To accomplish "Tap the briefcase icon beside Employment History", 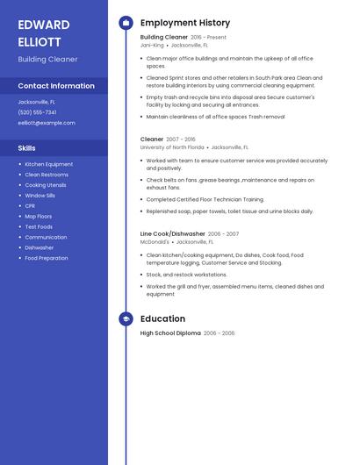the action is pos(126,23).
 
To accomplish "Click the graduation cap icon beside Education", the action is pos(126,318).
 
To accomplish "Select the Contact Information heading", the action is pos(56,86).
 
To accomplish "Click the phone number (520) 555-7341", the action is pos(37,112).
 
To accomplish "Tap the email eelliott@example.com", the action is pos(47,123).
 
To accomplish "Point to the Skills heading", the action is pos(27,148).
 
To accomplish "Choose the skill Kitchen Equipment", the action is pos(48,164).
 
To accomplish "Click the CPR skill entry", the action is pos(31,206).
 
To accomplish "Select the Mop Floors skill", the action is pos(38,216).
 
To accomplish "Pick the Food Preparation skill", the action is pos(46,258).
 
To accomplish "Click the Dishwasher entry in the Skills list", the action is pos(40,247).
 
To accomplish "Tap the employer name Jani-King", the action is pos(152,45).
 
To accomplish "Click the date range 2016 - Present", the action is pos(209,38).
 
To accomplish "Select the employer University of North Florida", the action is pos(172,147).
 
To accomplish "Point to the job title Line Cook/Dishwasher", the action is pos(172,234).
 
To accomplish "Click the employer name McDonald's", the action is pos(155,241).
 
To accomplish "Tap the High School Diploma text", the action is pos(170,333).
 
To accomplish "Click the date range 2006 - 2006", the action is pos(220,333).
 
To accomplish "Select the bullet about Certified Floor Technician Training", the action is pos(205,199).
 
